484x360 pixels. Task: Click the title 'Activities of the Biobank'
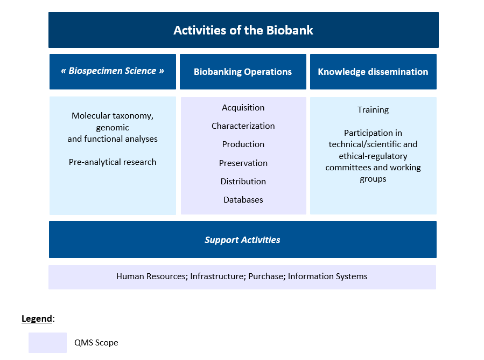tap(243, 30)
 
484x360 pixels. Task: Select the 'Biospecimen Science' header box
tap(113, 71)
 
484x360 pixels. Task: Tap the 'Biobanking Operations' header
tap(243, 72)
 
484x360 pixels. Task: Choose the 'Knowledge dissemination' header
tap(373, 72)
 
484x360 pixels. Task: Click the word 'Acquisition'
tap(243, 108)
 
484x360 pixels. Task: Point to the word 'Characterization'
tap(243, 126)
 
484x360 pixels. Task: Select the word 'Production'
tap(243, 144)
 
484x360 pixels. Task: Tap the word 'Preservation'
tap(243, 163)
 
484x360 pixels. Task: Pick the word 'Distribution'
tap(243, 182)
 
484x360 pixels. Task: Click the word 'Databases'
tap(243, 200)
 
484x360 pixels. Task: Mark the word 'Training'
tap(373, 110)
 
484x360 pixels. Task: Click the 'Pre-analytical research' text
tap(113, 162)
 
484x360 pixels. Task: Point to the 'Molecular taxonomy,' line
tap(113, 116)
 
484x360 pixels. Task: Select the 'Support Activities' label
tap(242, 240)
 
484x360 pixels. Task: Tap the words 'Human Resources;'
tap(152, 276)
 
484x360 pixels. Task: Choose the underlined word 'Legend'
tap(37, 319)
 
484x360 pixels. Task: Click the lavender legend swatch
tap(47, 343)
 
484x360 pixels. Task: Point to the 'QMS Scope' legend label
tap(96, 343)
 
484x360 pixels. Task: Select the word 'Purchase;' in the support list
tap(266, 276)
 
